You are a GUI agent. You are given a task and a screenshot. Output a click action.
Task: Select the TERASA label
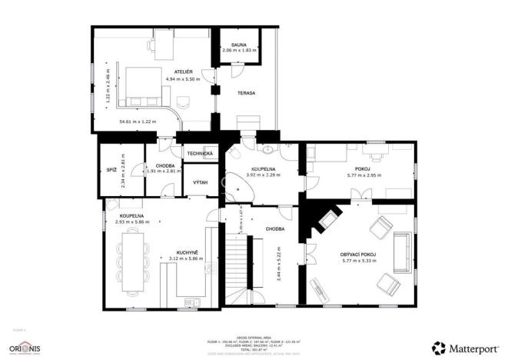pyautogui.click(x=246, y=93)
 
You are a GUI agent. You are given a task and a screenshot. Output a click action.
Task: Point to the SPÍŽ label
pyautogui.click(x=111, y=169)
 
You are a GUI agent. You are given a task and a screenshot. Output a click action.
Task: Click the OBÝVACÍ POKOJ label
pyautogui.click(x=358, y=255)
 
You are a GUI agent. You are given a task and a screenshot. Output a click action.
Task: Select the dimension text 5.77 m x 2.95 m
pyautogui.click(x=364, y=176)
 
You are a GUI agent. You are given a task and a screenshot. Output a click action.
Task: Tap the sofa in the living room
pyautogui.click(x=400, y=253)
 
